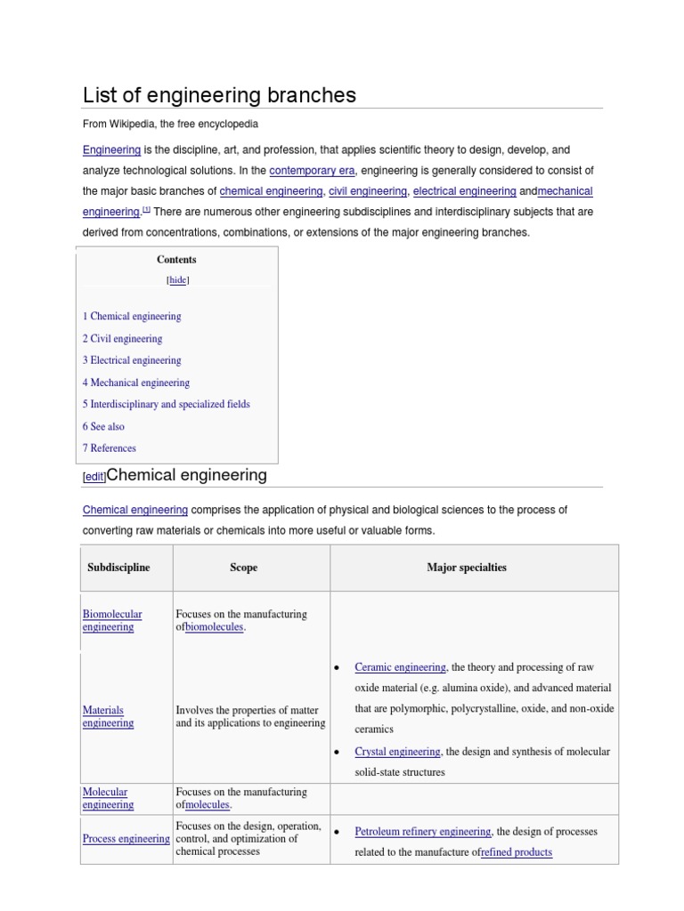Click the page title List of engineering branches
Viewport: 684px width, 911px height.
(219, 95)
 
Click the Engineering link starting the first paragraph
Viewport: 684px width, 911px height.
(111, 150)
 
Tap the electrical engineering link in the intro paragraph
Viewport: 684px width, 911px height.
(464, 191)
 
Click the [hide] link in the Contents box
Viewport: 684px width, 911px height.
(178, 279)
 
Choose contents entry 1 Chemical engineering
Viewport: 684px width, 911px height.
(132, 317)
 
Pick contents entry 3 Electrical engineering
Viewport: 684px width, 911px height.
(132, 360)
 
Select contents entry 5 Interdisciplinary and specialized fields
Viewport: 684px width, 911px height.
(167, 404)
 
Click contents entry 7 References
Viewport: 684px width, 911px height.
(110, 448)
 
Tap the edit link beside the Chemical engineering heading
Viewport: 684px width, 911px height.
(94, 477)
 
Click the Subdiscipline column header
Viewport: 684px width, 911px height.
(118, 568)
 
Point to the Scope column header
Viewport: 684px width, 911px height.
(243, 568)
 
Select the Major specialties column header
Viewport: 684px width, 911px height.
(466, 568)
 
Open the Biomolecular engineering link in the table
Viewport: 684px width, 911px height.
(111, 620)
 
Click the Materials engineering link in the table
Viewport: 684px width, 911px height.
(108, 716)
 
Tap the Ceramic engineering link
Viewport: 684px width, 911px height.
(400, 667)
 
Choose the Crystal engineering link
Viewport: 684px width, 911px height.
(397, 752)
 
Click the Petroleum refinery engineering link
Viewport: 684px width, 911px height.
(422, 832)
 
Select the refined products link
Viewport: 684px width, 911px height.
(516, 852)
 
